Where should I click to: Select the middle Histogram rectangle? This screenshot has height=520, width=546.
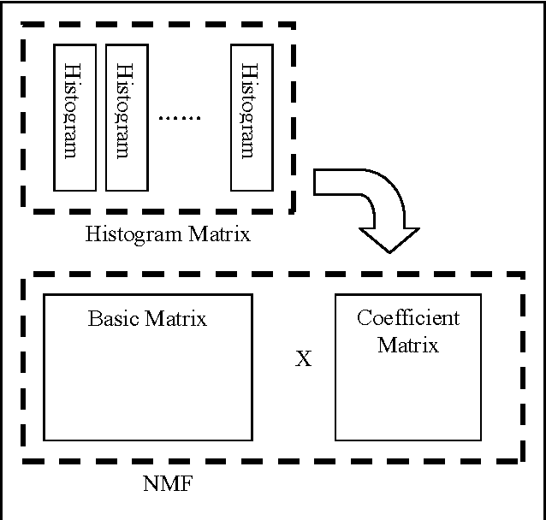(x=126, y=115)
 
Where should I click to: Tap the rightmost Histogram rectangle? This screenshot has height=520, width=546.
(x=251, y=115)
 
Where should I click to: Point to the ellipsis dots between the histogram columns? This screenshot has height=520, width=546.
(x=179, y=116)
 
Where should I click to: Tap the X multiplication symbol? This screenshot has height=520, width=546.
(x=303, y=359)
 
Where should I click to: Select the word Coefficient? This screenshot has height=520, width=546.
(x=407, y=318)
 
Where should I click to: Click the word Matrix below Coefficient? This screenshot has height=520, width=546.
(x=408, y=345)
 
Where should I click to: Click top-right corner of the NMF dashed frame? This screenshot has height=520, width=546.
(x=522, y=275)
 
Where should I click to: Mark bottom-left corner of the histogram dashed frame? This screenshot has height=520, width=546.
(x=24, y=211)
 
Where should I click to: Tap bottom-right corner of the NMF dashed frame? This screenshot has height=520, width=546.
(x=522, y=461)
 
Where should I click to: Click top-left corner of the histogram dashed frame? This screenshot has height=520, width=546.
(x=24, y=25)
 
